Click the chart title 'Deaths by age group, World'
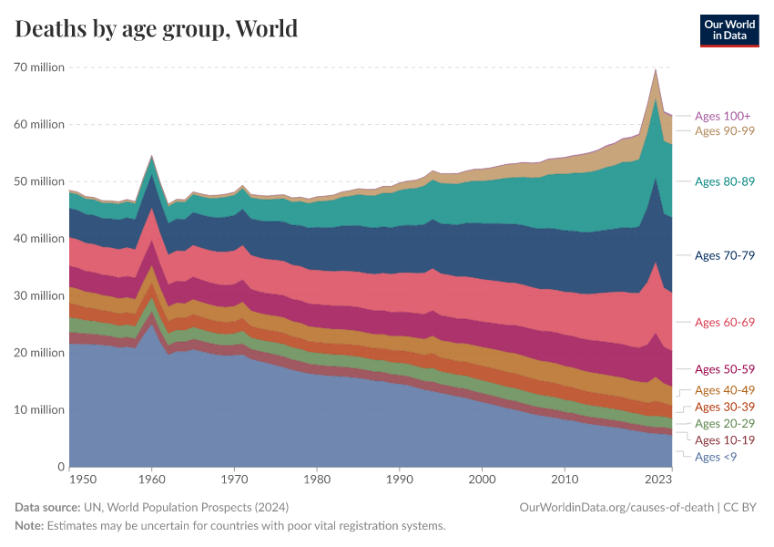coord(157,28)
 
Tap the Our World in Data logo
coord(728,30)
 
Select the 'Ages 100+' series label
coord(722,116)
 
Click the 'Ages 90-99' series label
coord(725,130)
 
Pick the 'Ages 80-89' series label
coord(725,181)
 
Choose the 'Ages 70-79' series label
coord(725,255)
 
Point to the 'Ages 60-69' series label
coord(725,322)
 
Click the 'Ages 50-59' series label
coord(725,369)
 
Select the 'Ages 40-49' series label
coord(725,390)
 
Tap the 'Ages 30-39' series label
coord(725,407)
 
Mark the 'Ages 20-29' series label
coord(725,423)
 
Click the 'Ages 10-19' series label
coord(725,439)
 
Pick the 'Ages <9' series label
coord(716,456)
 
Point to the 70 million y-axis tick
coord(38,67)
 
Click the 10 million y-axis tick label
coord(38,409)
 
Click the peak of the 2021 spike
coord(656,69)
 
